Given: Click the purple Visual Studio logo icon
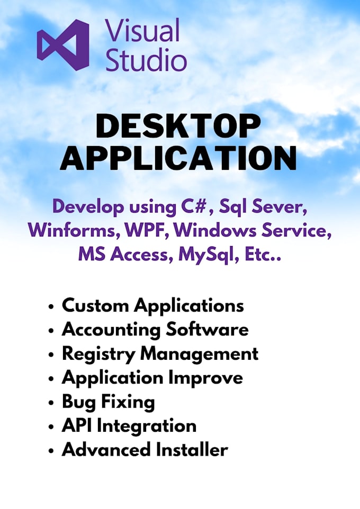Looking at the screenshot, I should pos(63,46).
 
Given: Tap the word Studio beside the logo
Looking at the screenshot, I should pos(146,61).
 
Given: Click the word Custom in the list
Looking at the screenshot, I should pos(95,305).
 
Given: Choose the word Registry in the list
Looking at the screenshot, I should pos(97,353).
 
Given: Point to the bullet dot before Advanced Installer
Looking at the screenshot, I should pos(51,451).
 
